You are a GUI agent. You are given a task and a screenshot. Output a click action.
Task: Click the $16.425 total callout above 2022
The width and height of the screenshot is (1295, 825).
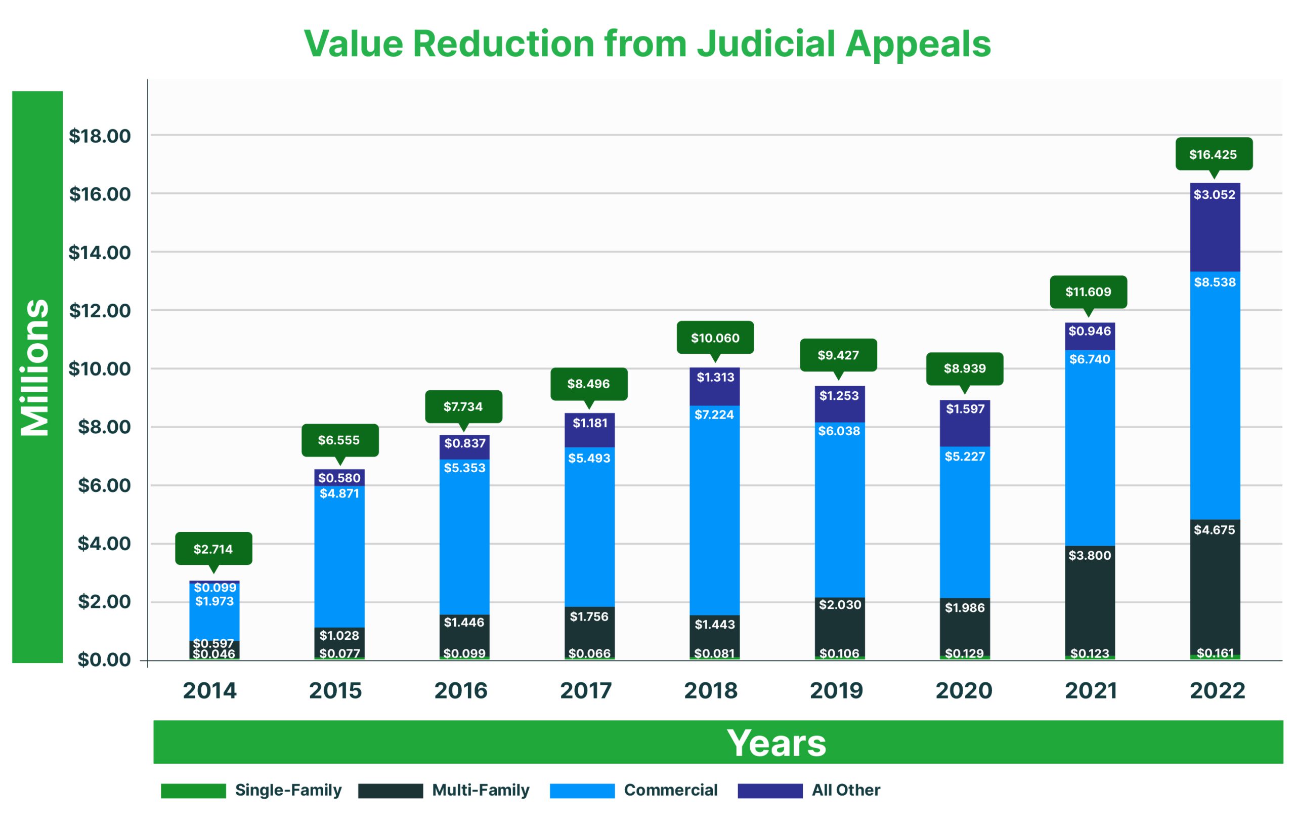1213,154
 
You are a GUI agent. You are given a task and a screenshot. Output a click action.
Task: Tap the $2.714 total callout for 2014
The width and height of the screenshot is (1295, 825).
213,549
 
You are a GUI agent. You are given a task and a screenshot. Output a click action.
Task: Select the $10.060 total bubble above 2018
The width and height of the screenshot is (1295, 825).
715,338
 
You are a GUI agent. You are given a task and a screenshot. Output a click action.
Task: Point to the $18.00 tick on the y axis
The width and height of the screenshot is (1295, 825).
100,136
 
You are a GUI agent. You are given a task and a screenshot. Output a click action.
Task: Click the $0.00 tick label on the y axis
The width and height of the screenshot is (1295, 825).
104,659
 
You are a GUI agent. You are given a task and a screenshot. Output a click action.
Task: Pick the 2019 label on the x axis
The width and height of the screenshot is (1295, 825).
836,690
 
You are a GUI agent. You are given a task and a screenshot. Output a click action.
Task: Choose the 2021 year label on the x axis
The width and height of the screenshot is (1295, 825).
1091,690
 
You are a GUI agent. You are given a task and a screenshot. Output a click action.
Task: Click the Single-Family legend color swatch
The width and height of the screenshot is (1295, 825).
193,791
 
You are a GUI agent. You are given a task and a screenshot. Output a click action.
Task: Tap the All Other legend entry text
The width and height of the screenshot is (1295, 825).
845,790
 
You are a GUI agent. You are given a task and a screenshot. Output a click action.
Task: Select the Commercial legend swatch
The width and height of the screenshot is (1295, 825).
582,791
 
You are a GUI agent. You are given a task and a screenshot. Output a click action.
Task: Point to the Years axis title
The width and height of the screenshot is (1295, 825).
776,742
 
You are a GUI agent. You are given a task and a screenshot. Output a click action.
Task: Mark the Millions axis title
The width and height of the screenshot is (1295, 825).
35,367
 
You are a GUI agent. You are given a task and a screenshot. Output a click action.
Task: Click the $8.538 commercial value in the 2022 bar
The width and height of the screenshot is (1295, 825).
1215,282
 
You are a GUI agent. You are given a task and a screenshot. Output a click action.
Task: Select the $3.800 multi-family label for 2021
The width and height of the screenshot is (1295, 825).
1089,555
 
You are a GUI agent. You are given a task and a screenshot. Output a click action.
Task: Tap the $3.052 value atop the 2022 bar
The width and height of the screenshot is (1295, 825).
1215,195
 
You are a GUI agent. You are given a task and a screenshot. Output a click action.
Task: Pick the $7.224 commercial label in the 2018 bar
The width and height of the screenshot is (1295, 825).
714,415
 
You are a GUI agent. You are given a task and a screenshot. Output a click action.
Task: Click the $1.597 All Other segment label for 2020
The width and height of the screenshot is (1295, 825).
965,409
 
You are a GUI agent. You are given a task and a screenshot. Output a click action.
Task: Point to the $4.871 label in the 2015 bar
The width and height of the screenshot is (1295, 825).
339,493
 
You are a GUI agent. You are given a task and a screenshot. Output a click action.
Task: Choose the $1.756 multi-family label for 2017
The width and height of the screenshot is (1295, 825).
589,617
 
